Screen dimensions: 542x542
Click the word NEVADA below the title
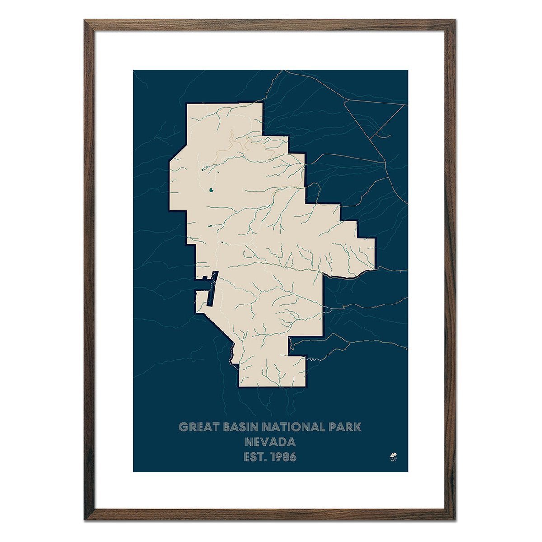270,442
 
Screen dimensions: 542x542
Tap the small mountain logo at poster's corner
392,455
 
